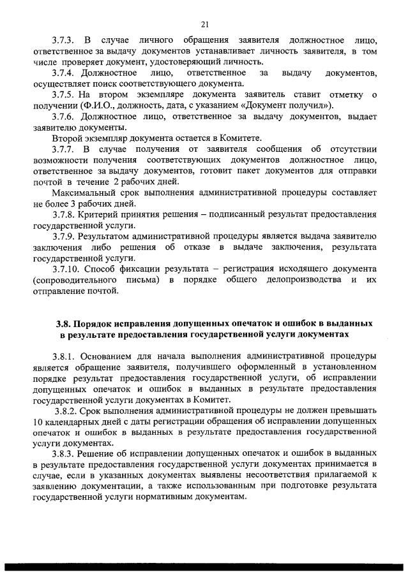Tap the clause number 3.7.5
click(66, 94)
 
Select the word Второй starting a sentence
click(68, 138)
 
